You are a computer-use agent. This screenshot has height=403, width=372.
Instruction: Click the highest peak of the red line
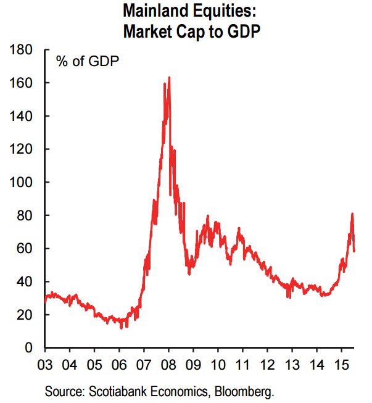169,78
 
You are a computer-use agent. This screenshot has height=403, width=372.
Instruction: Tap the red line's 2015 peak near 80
352,214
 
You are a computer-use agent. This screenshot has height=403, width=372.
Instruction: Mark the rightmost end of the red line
355,250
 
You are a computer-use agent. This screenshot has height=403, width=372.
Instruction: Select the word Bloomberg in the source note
245,391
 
